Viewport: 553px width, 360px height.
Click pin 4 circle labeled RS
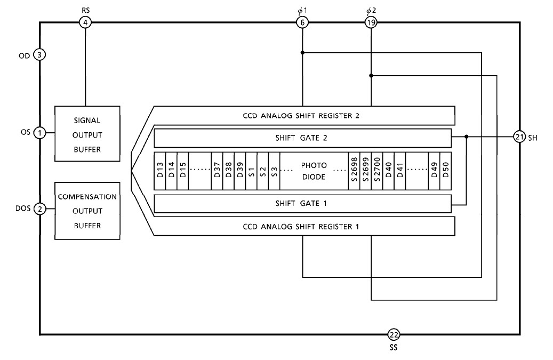tap(85, 22)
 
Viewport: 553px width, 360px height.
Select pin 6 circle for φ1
tap(302, 22)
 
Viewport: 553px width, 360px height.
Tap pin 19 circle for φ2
tap(371, 22)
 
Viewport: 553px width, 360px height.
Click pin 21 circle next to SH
tap(520, 137)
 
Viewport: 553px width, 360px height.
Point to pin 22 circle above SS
tap(393, 334)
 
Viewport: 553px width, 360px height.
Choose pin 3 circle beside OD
tap(40, 54)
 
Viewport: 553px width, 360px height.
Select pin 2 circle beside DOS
tap(40, 209)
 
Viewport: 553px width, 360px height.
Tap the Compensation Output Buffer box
tap(86, 211)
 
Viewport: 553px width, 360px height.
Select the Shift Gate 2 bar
tap(303, 138)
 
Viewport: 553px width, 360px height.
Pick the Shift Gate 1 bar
tap(303, 203)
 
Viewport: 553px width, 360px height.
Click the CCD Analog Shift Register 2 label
tap(303, 115)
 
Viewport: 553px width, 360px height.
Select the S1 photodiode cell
tap(251, 171)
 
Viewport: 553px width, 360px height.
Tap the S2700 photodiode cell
tap(376, 171)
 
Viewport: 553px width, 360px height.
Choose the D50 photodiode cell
tap(446, 171)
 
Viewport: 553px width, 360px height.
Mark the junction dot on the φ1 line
tap(302, 52)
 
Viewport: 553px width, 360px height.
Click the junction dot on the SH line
tap(467, 137)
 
